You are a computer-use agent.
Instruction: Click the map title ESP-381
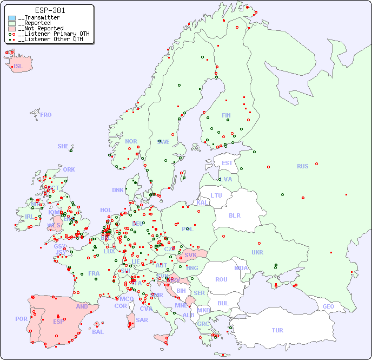coord(50,10)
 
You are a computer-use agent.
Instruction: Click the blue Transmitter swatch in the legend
coord(12,18)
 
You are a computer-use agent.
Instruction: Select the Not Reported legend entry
coord(41,28)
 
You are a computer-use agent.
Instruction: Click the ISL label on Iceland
coord(18,67)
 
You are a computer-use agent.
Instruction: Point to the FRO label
coord(46,115)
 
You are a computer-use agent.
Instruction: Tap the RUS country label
coord(302,166)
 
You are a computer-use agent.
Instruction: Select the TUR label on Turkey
coord(277,330)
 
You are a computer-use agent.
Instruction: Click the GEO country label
coord(328,306)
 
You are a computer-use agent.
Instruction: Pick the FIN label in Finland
coord(226,115)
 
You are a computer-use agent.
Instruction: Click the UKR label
coord(257,252)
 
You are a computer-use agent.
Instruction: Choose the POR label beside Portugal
coord(21,319)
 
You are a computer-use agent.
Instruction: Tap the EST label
coord(227,163)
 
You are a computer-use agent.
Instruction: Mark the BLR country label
coord(234,215)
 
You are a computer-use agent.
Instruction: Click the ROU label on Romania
coord(221,279)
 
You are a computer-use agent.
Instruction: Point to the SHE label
coord(63,146)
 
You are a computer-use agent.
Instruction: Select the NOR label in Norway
coord(131,141)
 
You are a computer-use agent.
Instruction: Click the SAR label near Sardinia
coord(142,320)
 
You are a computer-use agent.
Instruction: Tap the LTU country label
coord(216,195)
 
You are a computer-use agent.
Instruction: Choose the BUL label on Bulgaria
coord(223,303)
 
